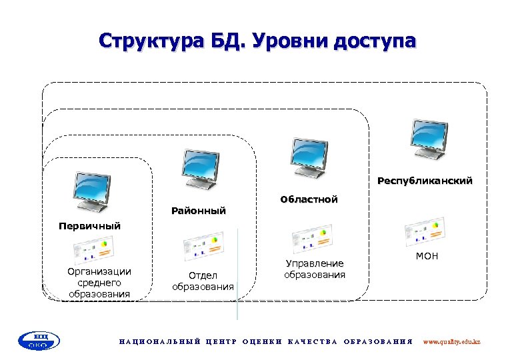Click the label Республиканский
tap(425, 181)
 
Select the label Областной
tap(309, 199)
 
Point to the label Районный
tap(199, 211)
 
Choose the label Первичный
tap(89, 226)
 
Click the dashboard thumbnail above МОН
tap(425, 231)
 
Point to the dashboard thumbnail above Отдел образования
tap(203, 246)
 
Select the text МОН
tap(427, 256)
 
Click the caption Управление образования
tap(314, 269)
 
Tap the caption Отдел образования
tap(203, 281)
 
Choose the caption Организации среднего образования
tap(99, 283)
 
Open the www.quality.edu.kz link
tap(451, 341)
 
